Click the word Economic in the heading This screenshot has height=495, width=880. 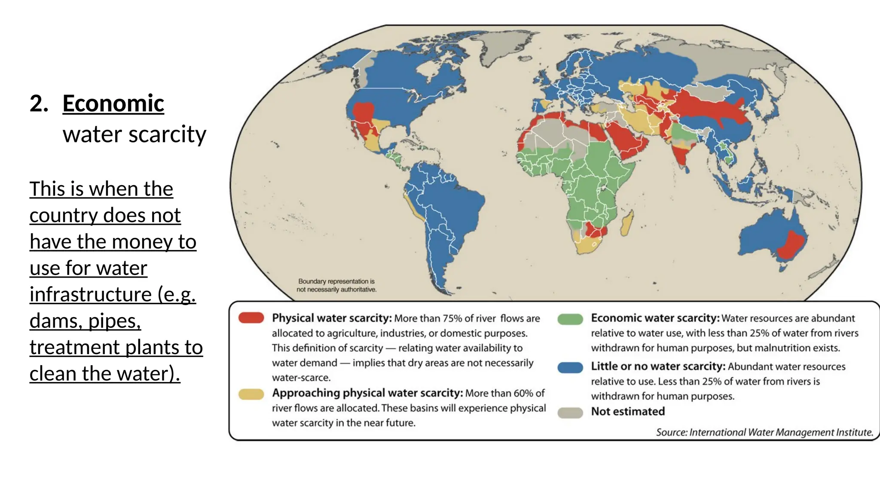pyautogui.click(x=113, y=104)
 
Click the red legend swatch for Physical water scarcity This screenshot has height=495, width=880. pyautogui.click(x=251, y=318)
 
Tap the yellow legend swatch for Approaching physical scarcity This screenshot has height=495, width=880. pyautogui.click(x=251, y=394)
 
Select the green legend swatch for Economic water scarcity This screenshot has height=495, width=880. pyautogui.click(x=570, y=319)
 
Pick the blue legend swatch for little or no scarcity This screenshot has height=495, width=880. pyautogui.click(x=570, y=367)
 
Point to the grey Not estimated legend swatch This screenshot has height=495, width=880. pyautogui.click(x=570, y=412)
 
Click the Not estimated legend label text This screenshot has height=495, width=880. pyautogui.click(x=627, y=412)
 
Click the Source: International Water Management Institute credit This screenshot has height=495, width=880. pyautogui.click(x=764, y=432)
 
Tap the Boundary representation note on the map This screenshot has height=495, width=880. pyautogui.click(x=336, y=285)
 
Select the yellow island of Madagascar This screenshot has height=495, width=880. pyautogui.click(x=627, y=223)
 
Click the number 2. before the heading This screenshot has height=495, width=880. pyautogui.click(x=39, y=104)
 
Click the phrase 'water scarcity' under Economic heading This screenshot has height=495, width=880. pyautogui.click(x=134, y=134)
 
